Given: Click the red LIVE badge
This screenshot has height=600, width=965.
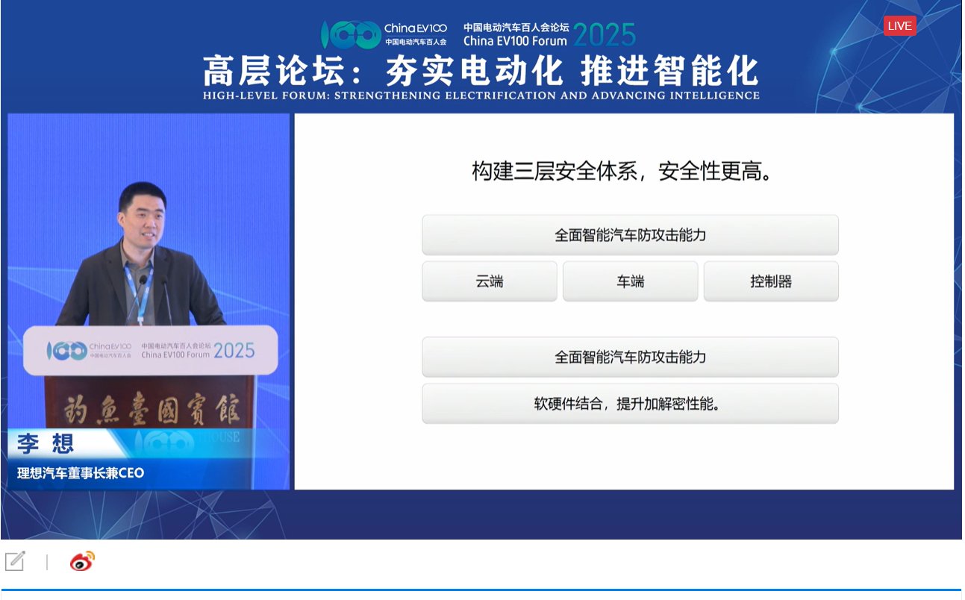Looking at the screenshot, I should click(899, 26).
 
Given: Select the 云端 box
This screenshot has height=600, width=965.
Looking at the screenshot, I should click(490, 281).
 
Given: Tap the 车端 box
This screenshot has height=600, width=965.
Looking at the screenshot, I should click(630, 281).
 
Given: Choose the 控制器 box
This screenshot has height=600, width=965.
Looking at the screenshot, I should click(771, 281).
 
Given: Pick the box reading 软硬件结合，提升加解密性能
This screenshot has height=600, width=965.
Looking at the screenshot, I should click(630, 404).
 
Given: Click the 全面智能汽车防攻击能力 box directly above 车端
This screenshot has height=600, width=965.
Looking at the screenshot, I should click(630, 235).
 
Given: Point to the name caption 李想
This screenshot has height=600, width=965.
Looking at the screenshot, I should click(46, 444).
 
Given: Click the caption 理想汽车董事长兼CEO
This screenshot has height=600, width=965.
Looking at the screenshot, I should click(81, 473).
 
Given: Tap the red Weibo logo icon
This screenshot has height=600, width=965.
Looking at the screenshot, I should click(82, 561).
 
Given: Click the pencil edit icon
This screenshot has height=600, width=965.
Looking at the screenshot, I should click(15, 561).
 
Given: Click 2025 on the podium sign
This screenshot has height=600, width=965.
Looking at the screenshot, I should click(234, 350).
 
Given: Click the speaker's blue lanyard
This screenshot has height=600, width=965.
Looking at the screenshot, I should click(138, 291).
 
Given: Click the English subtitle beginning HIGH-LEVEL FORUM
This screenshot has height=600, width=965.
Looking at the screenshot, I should click(481, 96).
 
